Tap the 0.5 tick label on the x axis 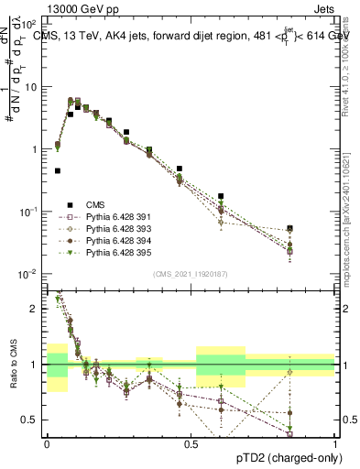pos(191,443)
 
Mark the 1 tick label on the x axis pos(335,443)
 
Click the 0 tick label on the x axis pos(48,443)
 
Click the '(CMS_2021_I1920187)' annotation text pos(191,274)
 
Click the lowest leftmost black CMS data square pos(58,170)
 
